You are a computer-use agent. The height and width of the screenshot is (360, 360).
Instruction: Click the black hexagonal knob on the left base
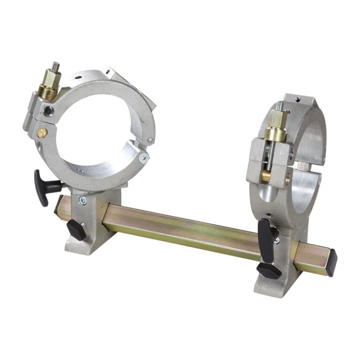click(x=76, y=229)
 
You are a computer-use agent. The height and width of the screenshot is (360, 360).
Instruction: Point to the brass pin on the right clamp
click(x=266, y=176)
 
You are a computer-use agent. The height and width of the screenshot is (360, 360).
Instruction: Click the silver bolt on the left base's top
click(x=83, y=201)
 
